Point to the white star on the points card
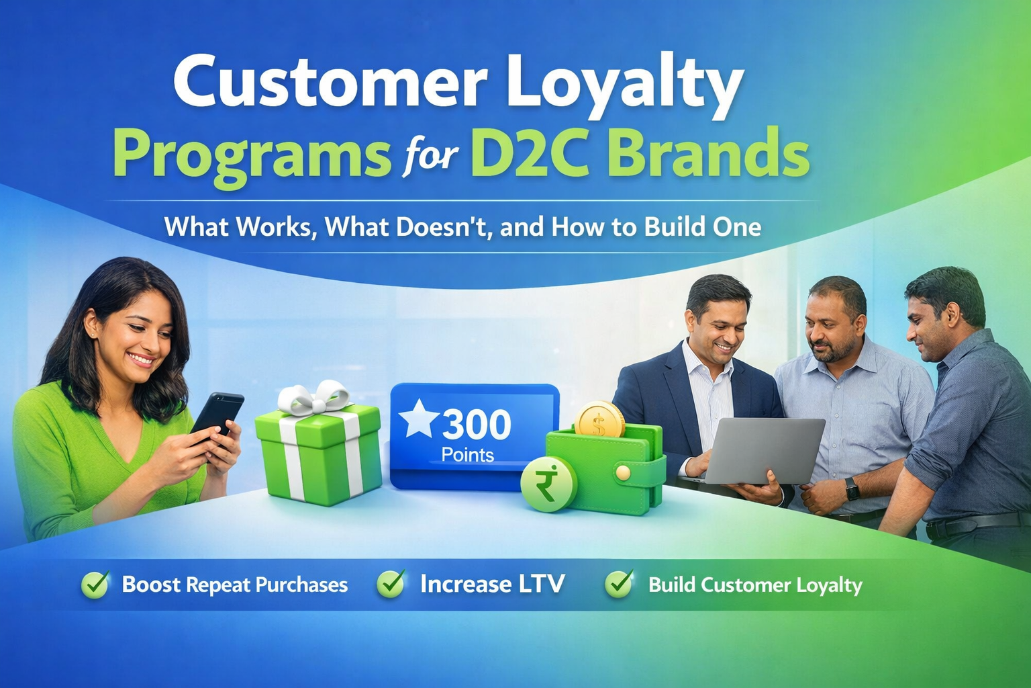[x=418, y=419]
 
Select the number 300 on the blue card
[x=477, y=425]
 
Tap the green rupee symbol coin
[x=548, y=484]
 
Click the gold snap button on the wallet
[x=623, y=473]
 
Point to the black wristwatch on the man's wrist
[x=852, y=488]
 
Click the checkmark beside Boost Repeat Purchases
[x=95, y=585]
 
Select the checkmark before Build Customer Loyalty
[x=619, y=583]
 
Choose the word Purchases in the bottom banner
[x=301, y=585]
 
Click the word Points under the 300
[x=468, y=456]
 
